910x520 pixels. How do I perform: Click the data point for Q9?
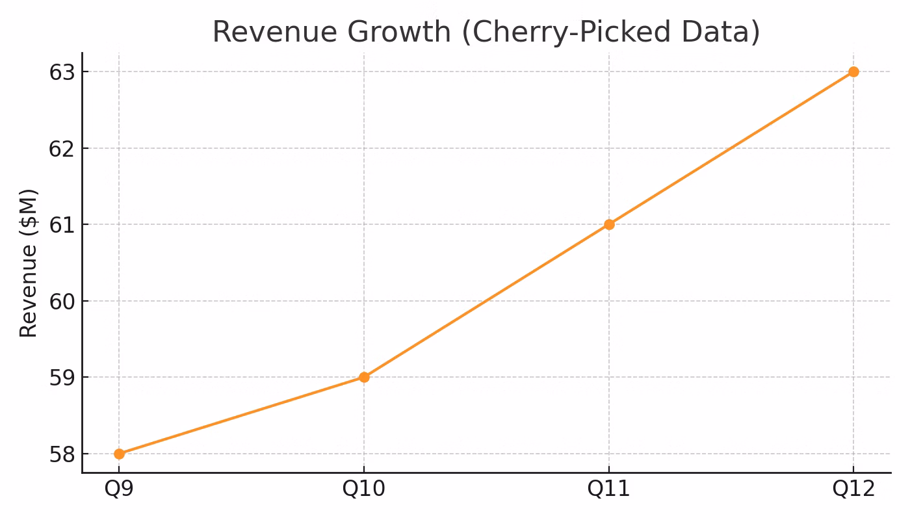119,454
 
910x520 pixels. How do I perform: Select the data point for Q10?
364,377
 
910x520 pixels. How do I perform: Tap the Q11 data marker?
609,224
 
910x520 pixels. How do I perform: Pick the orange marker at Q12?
853,71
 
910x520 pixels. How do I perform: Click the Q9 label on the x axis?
119,489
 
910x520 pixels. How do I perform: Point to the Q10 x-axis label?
364,489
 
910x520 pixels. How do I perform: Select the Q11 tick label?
609,489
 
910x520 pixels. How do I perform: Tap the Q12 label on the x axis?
853,489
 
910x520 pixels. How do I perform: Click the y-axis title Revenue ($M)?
29,263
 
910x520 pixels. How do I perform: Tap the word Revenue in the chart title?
267,32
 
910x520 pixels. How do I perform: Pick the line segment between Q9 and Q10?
241,415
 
